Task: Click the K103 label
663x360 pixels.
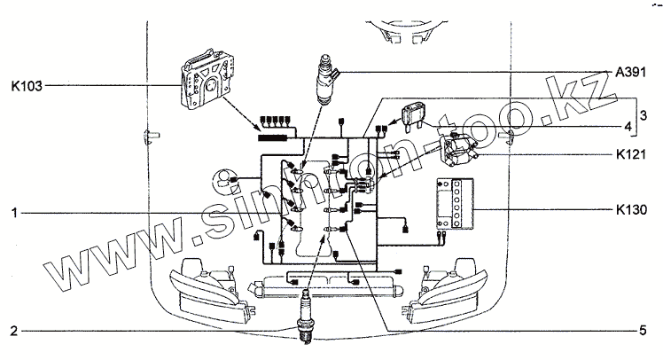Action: (25, 86)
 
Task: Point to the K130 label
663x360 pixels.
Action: (631, 211)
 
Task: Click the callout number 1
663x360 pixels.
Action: (14, 213)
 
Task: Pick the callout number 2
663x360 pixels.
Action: (14, 332)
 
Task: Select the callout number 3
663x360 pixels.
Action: (644, 115)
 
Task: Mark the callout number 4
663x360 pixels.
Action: (627, 127)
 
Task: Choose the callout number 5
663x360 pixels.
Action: (641, 332)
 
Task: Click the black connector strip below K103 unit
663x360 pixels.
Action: (275, 137)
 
